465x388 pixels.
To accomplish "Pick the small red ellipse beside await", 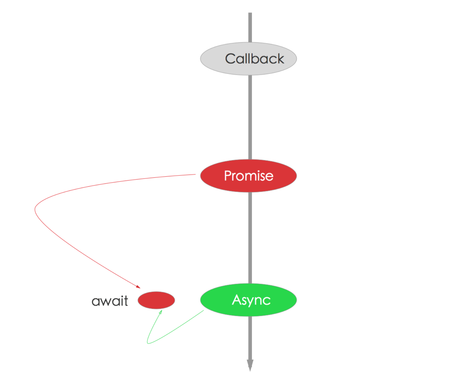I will (156, 300).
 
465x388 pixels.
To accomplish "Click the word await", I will (110, 301).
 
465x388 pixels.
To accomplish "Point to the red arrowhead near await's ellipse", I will (138, 287).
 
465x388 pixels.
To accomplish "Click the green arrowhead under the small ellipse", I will (160, 312).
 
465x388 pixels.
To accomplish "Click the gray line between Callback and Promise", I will (250, 117).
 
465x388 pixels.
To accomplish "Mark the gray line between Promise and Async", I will (250, 238).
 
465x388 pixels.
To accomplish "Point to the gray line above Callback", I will (250, 27).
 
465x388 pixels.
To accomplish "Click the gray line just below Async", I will (250, 336).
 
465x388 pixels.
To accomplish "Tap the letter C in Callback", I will (231, 59).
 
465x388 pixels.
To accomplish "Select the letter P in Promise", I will (229, 176).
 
